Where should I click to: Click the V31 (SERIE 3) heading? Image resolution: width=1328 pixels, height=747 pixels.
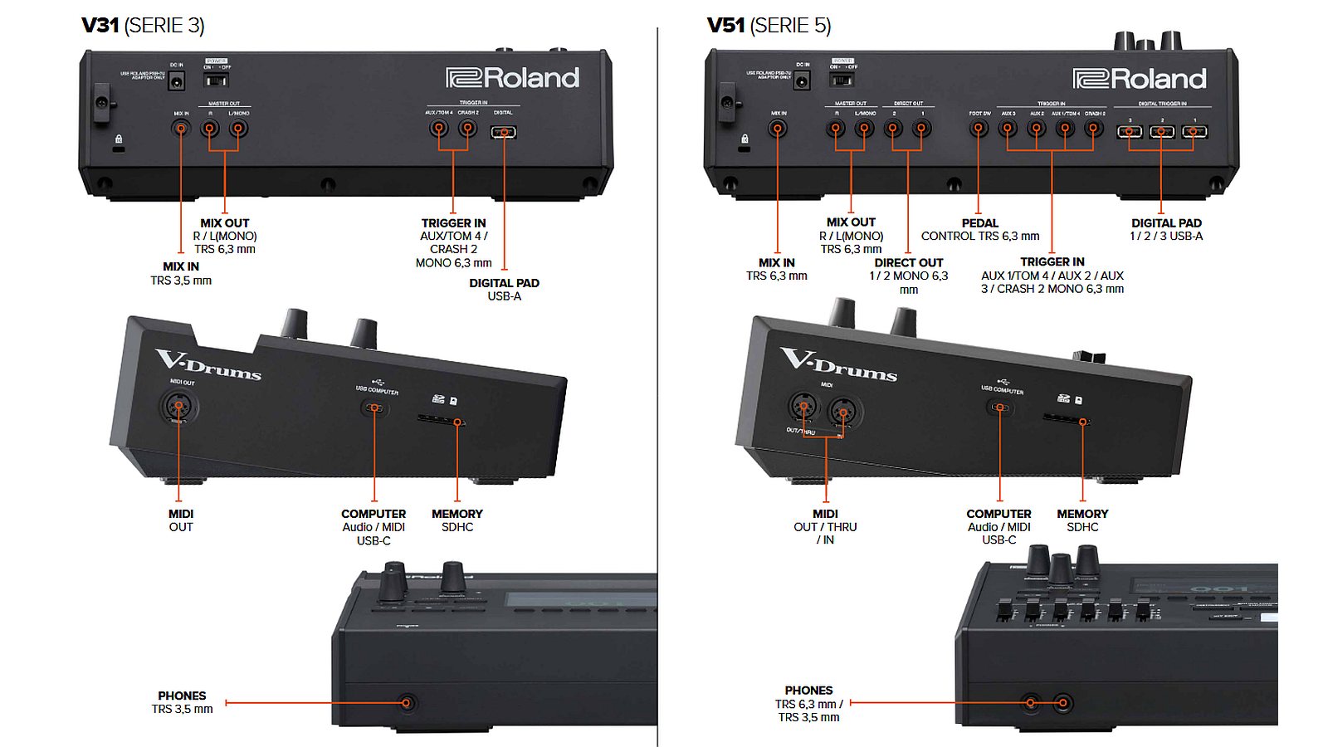(143, 26)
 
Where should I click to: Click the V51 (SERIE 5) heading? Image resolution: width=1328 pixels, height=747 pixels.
(769, 26)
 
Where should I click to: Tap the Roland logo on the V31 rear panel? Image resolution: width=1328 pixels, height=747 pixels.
(513, 78)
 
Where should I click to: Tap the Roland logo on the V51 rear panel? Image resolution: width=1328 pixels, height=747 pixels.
(1140, 79)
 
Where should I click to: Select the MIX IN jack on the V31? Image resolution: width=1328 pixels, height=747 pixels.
(181, 129)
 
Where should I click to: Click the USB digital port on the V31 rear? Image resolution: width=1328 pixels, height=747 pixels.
(504, 132)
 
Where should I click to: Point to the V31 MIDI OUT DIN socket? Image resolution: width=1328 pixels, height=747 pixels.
(178, 407)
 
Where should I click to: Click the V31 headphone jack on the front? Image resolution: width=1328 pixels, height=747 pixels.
(406, 703)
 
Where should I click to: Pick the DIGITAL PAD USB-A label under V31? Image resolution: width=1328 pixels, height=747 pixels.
(504, 289)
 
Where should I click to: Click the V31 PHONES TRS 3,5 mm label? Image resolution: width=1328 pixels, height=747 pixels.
(182, 702)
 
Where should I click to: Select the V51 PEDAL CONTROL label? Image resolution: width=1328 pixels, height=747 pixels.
(980, 229)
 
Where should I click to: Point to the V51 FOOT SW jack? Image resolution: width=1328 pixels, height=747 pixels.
(979, 129)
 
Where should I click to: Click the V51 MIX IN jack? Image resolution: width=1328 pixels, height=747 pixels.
(778, 129)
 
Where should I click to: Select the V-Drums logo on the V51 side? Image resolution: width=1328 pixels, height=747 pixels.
(838, 364)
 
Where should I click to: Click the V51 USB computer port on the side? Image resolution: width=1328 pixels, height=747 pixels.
(1000, 408)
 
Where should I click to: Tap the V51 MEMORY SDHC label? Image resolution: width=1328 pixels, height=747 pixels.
(1082, 520)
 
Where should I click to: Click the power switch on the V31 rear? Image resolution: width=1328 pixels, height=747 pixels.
(217, 80)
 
